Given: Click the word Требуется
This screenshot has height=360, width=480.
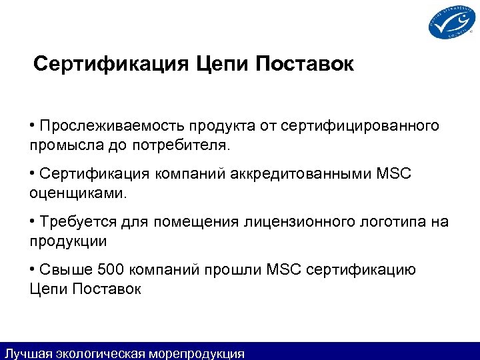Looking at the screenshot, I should pyautogui.click(x=73, y=221).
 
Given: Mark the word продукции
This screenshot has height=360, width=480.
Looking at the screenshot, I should pyautogui.click(x=69, y=239).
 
